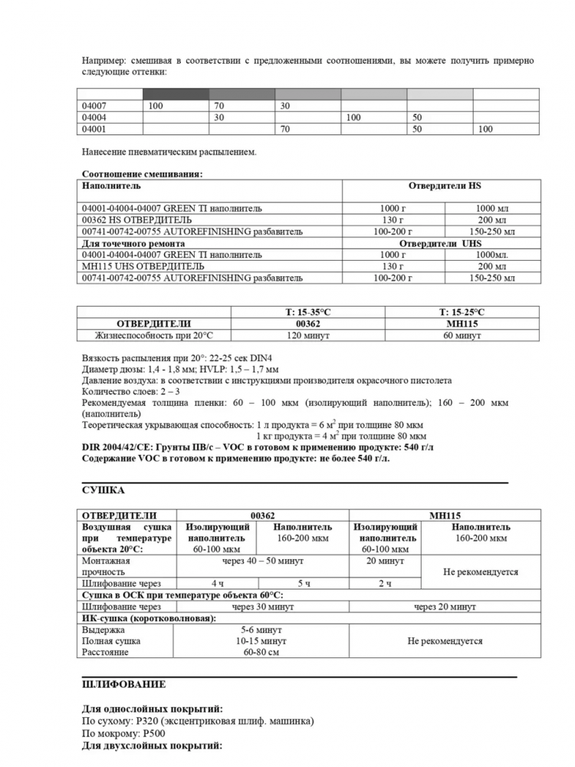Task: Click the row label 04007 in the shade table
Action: (x=94, y=105)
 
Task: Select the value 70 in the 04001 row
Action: (x=284, y=130)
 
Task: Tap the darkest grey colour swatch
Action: (x=176, y=94)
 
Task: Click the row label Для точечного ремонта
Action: (x=133, y=243)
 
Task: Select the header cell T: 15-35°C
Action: (x=307, y=312)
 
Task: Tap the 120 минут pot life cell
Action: (x=307, y=335)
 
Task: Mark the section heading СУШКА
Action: (x=103, y=490)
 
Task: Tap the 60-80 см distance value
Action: (x=261, y=652)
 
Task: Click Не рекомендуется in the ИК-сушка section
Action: (x=445, y=640)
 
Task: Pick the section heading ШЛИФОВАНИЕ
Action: (x=123, y=683)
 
